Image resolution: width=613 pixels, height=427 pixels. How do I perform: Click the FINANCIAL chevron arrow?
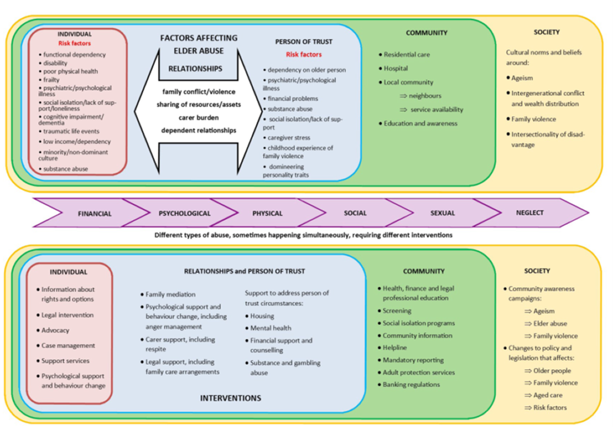click(94, 214)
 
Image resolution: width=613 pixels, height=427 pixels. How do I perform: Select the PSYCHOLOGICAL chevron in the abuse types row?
click(184, 214)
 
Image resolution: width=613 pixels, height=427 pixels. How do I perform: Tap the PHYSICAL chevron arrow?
click(267, 214)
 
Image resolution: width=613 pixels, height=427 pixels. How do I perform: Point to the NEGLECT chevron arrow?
click(530, 213)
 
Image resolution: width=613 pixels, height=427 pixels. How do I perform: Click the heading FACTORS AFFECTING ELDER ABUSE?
click(198, 45)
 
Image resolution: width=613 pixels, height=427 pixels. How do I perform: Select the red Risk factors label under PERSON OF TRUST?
click(303, 54)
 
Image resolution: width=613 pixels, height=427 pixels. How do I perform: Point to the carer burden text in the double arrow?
click(198, 117)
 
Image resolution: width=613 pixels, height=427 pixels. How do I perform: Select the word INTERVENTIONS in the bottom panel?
click(230, 398)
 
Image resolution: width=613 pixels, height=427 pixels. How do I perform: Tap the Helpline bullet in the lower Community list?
click(394, 347)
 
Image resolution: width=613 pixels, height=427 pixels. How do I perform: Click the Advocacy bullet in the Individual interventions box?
click(56, 330)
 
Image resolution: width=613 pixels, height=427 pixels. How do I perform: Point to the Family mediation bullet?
click(170, 295)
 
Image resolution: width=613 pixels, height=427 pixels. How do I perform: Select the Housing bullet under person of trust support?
click(262, 316)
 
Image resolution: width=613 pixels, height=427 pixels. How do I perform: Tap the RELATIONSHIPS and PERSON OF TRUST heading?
click(244, 271)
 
